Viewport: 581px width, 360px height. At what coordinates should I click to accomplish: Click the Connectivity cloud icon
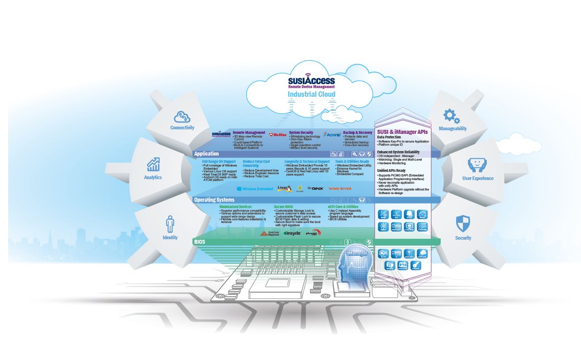coord(182,117)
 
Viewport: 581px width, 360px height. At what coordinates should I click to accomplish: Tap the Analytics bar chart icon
coord(153,164)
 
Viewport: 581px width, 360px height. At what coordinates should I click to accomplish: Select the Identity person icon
coord(170,224)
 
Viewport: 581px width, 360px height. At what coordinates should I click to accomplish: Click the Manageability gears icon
coord(451,116)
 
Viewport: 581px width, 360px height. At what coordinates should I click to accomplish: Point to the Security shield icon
coord(463,223)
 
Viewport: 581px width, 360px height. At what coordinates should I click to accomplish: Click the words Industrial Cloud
coord(311,94)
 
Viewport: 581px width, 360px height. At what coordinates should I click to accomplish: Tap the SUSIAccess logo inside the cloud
coord(311,81)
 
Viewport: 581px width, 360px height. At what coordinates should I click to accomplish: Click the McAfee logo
coord(276,135)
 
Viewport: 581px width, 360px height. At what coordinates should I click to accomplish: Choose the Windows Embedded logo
coord(254,189)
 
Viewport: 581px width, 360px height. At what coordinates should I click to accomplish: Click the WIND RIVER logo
coord(339,189)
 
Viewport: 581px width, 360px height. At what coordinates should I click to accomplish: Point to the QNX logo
coord(315,189)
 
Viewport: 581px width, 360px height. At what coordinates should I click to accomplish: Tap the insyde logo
coord(292,233)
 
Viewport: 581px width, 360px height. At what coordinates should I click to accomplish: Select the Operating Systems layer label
coord(214,200)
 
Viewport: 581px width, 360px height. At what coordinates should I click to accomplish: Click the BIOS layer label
coord(200,242)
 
